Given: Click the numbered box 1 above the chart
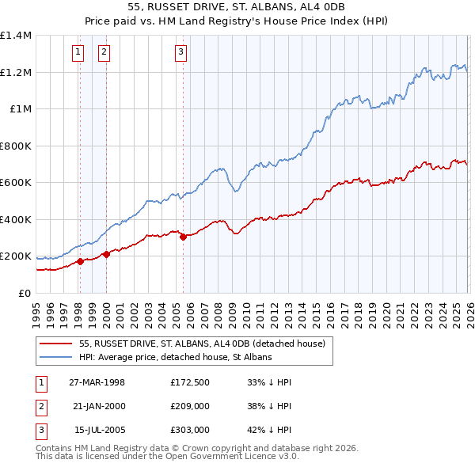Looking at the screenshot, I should (78, 52).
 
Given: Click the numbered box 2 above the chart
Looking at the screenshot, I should (104, 52).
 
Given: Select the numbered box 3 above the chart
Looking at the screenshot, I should (180, 52).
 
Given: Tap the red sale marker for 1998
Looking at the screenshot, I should (80, 262).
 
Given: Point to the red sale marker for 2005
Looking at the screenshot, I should (183, 237).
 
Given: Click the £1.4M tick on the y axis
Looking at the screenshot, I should (16, 36).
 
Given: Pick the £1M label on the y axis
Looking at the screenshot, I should (21, 109).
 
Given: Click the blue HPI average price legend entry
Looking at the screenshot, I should (175, 357).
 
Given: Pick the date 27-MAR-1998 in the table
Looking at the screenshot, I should (97, 382).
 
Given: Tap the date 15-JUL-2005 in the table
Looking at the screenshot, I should (97, 430).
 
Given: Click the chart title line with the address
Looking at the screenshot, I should (237, 8).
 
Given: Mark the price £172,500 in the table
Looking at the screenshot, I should (189, 382).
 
